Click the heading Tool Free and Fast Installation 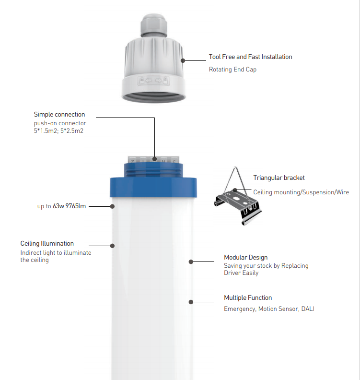250,57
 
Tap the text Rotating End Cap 232,70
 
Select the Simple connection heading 59,114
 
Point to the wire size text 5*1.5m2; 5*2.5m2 58,131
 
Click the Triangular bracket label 279,178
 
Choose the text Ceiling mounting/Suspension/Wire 301,192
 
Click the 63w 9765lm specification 69,206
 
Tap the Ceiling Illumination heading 47,243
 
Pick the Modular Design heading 246,257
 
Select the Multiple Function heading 248,297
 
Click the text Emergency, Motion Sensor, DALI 269,309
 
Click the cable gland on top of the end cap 154,25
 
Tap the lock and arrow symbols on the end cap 153,81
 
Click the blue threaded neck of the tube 153,170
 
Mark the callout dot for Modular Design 191,262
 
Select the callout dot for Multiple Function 191,302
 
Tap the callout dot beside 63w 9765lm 112,206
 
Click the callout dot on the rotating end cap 183,60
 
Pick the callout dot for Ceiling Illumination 112,246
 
